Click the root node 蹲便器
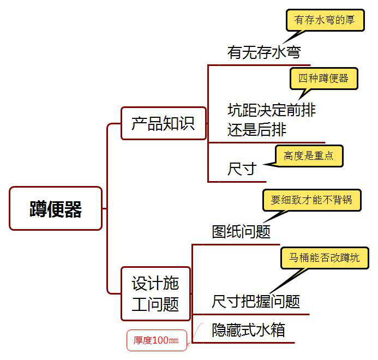(56, 208)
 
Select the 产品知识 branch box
(163, 123)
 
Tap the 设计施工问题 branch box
(155, 293)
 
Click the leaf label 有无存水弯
(264, 52)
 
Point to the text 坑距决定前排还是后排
(271, 120)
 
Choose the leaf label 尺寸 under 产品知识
(242, 169)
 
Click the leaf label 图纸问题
(241, 232)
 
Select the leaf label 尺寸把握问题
(256, 301)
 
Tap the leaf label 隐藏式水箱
(248, 330)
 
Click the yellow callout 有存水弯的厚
(325, 20)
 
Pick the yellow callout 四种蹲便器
(323, 78)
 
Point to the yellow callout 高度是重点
(309, 156)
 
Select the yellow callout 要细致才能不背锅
(311, 200)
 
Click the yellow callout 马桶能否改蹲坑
(325, 258)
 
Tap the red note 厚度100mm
(156, 340)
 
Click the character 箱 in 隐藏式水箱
(278, 330)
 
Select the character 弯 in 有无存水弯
(294, 52)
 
